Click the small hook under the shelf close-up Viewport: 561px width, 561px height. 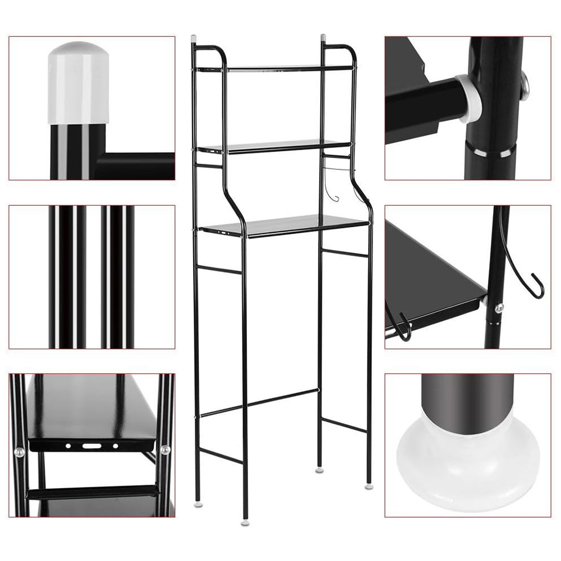click(403, 327)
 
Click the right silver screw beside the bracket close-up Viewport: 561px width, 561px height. click(165, 450)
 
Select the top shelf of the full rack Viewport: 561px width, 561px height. click(275, 68)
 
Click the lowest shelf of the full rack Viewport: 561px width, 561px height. click(286, 226)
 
